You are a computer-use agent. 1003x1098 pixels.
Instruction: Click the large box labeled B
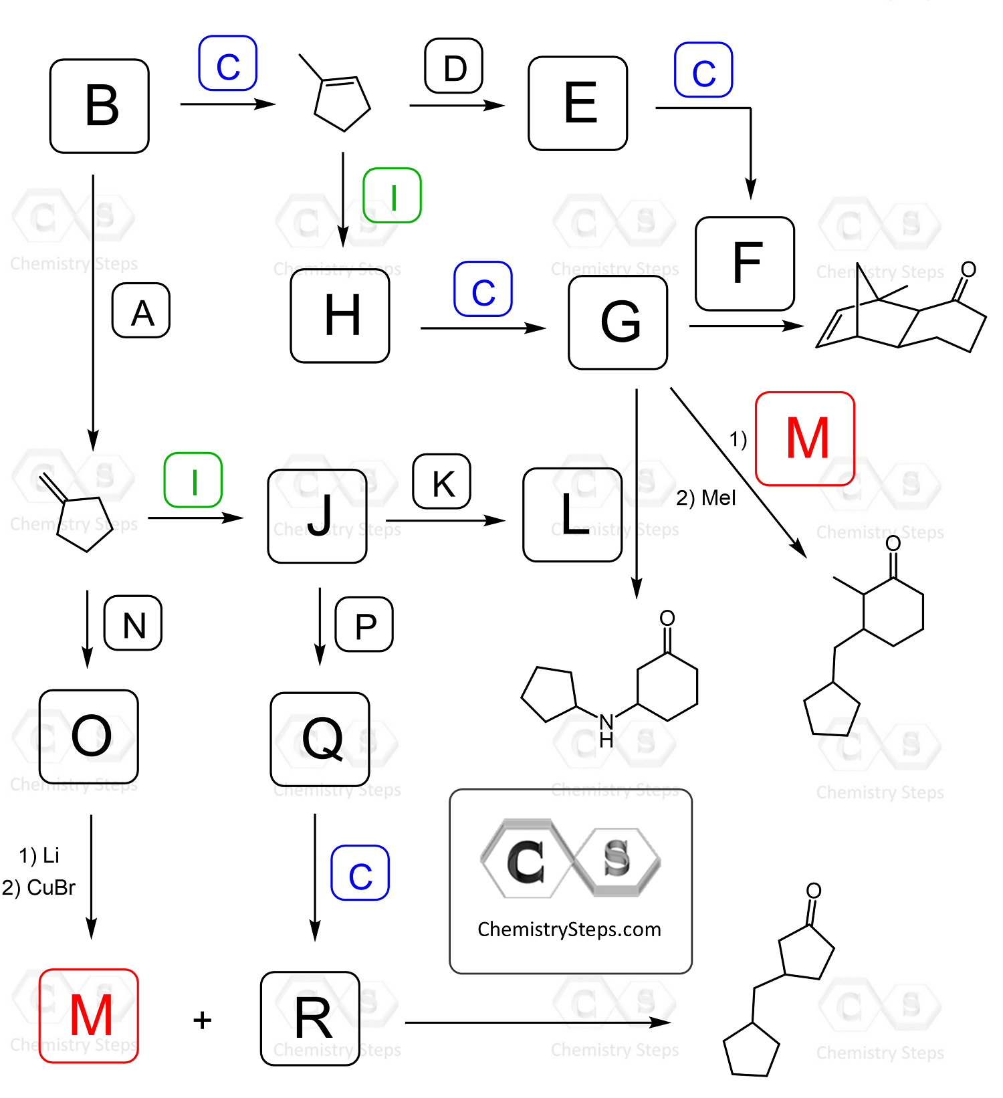click(100, 106)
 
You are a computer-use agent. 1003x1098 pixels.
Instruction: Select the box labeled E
click(578, 104)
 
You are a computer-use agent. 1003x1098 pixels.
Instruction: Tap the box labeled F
click(745, 263)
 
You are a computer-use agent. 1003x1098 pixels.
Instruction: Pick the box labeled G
click(618, 322)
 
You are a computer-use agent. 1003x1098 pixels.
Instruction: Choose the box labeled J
click(318, 516)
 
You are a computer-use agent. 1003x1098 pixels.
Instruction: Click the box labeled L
click(572, 515)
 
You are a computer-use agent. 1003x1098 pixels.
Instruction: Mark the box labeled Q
click(320, 740)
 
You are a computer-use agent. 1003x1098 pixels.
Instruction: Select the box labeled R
click(310, 1018)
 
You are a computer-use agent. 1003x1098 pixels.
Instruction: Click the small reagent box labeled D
click(454, 66)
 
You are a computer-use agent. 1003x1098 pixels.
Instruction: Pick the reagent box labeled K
click(442, 481)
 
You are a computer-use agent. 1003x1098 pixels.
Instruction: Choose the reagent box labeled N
click(133, 623)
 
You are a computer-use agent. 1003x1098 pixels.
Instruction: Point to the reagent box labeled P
click(364, 625)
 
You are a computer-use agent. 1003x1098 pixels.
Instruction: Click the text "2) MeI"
click(705, 498)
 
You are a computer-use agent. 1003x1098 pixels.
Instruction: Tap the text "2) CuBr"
click(39, 887)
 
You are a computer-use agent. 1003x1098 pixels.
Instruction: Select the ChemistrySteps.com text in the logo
click(569, 929)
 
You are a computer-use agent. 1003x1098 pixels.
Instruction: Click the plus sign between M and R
click(202, 1020)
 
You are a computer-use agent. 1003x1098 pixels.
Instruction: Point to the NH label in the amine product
click(606, 730)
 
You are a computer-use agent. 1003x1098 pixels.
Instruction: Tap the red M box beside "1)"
click(805, 439)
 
